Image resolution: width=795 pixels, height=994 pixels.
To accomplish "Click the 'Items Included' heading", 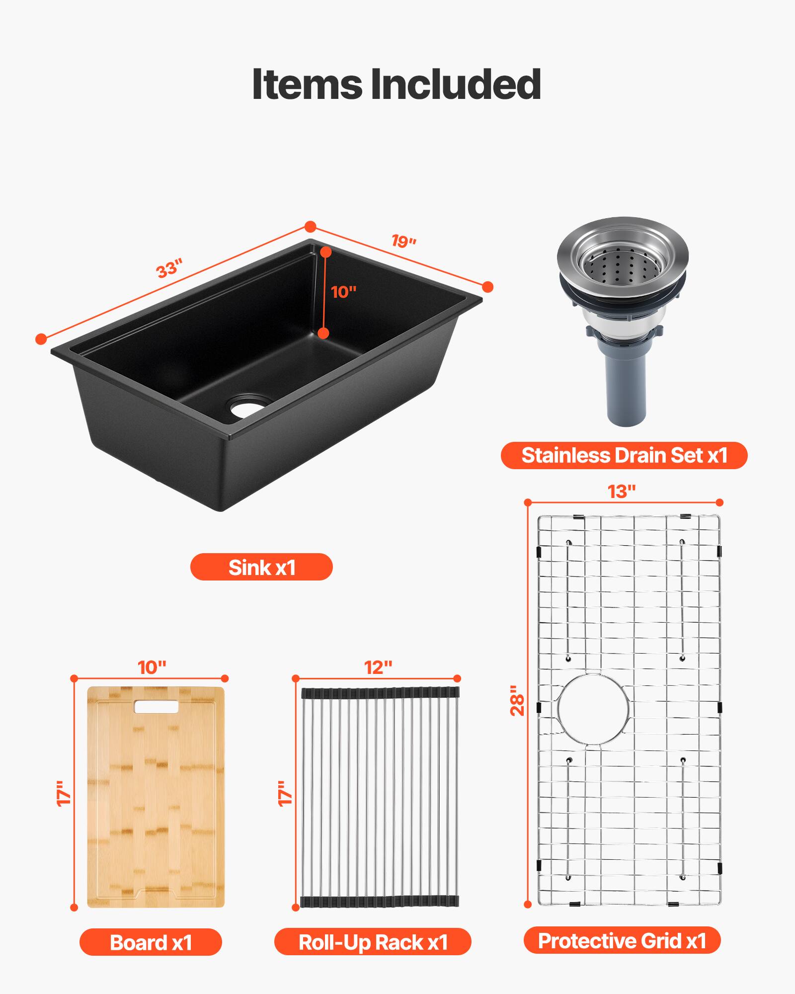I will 397,84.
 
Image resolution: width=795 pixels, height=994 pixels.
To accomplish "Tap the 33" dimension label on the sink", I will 169,268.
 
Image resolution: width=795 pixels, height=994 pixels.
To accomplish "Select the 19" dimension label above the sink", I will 403,242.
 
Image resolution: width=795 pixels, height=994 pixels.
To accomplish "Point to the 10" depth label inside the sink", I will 344,292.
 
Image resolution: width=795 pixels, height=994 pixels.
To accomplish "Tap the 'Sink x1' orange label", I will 261,567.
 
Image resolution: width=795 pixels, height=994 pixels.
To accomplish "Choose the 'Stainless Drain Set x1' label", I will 624,455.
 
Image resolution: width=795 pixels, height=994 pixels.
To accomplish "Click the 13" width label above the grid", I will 622,492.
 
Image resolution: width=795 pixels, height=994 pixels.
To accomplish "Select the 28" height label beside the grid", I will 517,701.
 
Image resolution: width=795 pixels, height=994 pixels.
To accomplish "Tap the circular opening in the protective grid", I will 593,709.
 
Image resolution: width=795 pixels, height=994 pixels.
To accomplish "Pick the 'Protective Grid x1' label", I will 622,941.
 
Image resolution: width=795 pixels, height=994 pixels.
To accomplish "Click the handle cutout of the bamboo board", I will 156,707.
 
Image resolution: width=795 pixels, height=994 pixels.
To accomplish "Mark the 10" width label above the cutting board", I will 152,667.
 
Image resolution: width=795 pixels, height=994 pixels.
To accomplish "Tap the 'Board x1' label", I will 151,942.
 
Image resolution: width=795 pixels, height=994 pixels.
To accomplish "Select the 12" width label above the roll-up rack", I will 378,667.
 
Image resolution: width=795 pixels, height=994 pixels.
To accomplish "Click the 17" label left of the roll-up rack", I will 284,793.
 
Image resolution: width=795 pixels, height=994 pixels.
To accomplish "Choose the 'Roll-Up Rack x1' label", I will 373,942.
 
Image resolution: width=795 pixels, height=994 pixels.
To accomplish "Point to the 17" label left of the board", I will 64,793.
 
